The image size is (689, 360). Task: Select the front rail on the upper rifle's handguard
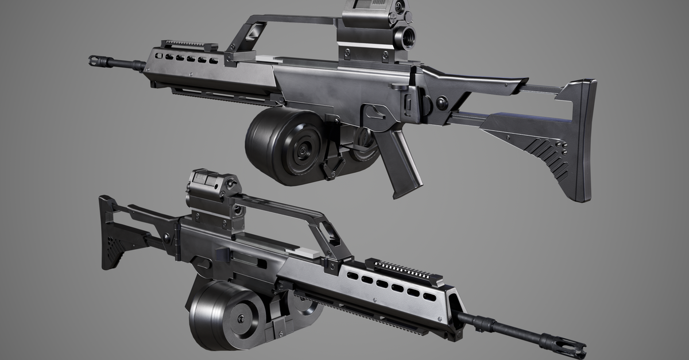pyautogui.click(x=189, y=45)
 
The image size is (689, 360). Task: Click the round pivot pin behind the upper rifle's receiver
pyautogui.click(x=442, y=104)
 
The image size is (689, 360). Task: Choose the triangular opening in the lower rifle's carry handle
pyautogui.click(x=329, y=233)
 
